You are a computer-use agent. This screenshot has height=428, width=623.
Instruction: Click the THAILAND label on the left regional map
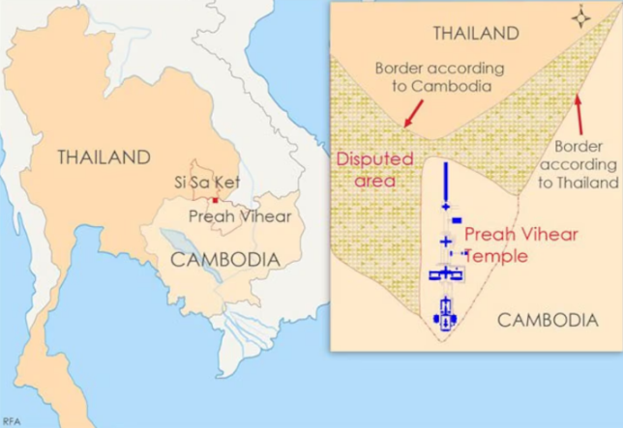[x=104, y=157]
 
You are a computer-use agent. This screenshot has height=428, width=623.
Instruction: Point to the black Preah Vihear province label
[x=239, y=216]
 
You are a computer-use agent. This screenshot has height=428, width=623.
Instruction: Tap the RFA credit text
[x=11, y=420]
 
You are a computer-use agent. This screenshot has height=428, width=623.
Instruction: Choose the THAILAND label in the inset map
[x=476, y=34]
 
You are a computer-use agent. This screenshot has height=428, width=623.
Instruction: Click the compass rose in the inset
[x=581, y=17]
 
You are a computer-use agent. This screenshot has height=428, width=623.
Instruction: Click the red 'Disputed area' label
[x=374, y=169]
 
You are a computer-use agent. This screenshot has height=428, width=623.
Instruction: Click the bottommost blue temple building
[x=446, y=314]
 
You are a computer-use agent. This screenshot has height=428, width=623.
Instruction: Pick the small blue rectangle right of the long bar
[x=456, y=220]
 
